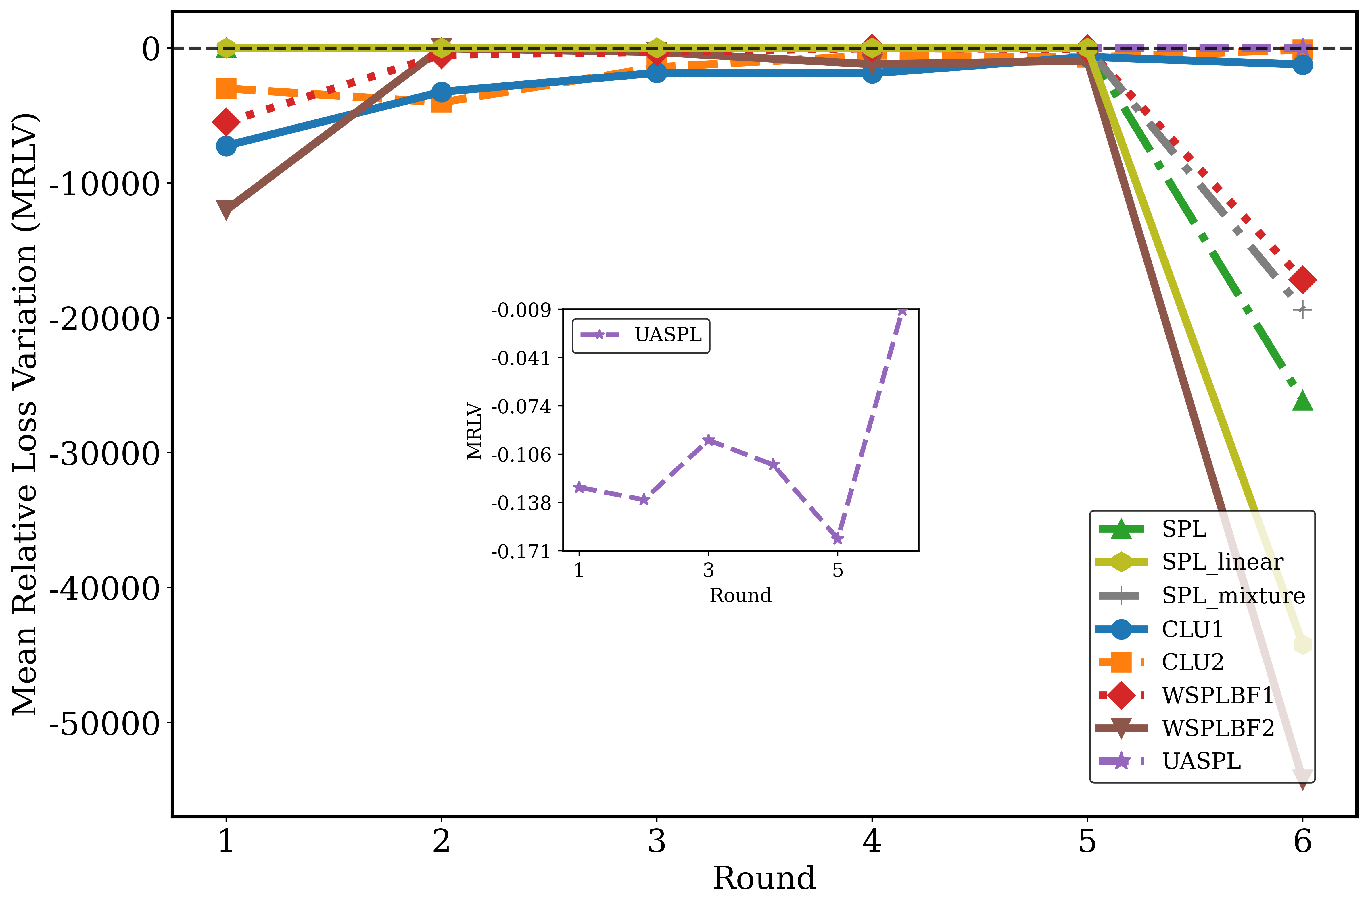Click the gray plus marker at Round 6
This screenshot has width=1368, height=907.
click(1302, 310)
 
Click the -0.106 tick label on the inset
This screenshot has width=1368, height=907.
click(521, 455)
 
